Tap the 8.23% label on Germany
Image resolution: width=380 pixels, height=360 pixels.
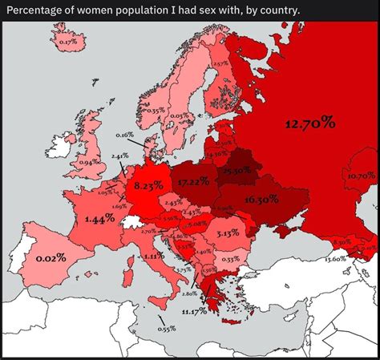tap(148, 185)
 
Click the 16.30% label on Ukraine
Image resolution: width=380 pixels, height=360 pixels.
tap(261, 199)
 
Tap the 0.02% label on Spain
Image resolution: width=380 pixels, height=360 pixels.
tap(51, 258)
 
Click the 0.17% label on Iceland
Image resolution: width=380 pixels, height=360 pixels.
tap(68, 41)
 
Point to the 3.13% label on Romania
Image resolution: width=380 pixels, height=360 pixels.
tap(228, 233)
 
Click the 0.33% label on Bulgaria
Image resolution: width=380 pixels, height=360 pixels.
tap(230, 259)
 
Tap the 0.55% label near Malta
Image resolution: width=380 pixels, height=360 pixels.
tap(167, 329)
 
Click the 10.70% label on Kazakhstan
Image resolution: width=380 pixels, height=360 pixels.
tap(361, 175)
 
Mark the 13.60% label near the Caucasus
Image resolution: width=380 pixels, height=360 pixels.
tap(335, 259)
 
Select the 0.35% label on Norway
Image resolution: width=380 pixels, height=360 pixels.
tap(156, 110)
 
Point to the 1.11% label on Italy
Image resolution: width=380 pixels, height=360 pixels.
tap(154, 256)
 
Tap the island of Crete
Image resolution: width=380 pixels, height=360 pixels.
tap(227, 322)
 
